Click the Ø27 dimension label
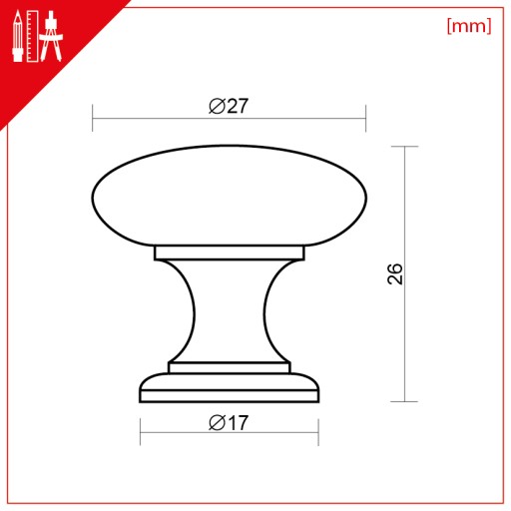229,106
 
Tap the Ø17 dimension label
229,422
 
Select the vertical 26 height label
395,273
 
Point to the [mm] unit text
469,26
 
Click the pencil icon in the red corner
18,36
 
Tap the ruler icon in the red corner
32,36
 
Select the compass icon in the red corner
51,36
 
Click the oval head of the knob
229,196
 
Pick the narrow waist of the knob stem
229,311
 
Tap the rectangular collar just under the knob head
229,253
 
